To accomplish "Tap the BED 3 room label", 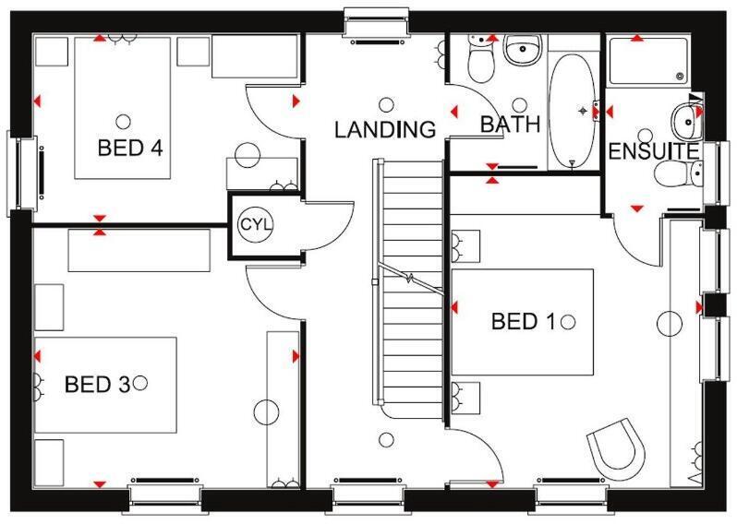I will (x=96, y=383).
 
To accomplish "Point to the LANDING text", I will (x=384, y=130).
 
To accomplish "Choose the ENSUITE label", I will (x=653, y=150).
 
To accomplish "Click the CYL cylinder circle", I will (x=253, y=224).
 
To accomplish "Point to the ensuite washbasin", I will (x=684, y=116).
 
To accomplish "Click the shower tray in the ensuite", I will (x=646, y=60).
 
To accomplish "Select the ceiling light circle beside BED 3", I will (x=141, y=382).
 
